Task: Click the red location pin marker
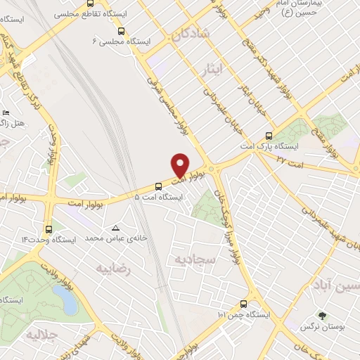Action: click(x=180, y=165)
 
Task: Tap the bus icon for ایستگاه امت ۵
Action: click(x=157, y=187)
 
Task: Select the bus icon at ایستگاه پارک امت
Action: click(x=268, y=136)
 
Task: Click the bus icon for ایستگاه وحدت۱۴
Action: click(x=49, y=229)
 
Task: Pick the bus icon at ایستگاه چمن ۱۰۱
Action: click(x=243, y=304)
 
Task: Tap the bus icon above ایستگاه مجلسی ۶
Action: click(x=122, y=31)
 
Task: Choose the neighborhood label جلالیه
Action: click(x=40, y=335)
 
